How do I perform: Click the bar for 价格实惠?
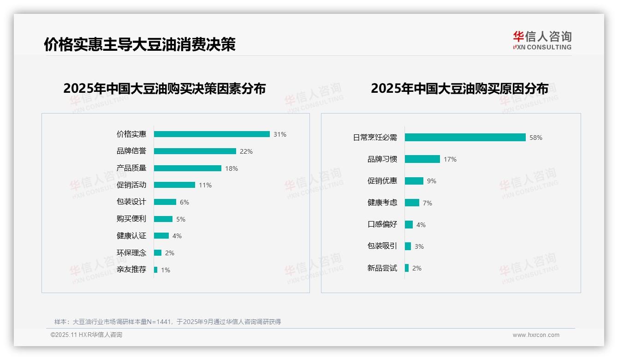pos(212,134)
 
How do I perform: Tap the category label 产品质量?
pos(131,168)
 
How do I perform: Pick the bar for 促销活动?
pos(174,185)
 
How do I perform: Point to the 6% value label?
pos(184,202)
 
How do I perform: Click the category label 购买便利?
pos(131,219)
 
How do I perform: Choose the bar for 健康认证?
pos(161,236)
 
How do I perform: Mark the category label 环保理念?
pos(131,252)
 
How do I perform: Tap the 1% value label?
pos(166,270)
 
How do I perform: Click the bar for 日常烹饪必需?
pos(465,138)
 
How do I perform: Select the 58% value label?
pos(536,138)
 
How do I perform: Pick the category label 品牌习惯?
pos(382,159)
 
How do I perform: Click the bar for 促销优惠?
pos(414,181)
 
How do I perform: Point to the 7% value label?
pos(428,203)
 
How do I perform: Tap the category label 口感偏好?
pos(382,225)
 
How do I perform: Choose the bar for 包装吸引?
pos(408,246)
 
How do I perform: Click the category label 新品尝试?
pos(382,268)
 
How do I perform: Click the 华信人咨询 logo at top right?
pos(542,40)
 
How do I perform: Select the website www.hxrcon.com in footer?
pos(536,335)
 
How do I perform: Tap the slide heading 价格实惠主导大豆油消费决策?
pos(140,44)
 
